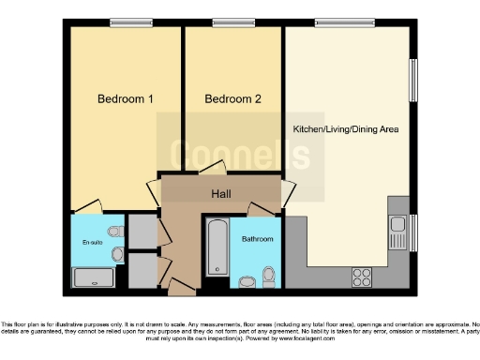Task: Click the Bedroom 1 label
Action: (126, 98)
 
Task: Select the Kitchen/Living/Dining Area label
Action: (346, 128)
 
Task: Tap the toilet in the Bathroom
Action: (269, 275)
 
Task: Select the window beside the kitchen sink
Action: (413, 232)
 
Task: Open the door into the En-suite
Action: (87, 206)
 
